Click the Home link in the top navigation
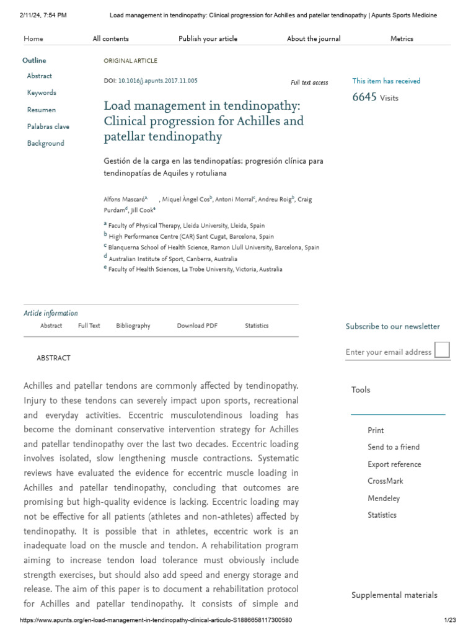tap(33, 38)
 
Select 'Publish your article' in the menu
tap(208, 38)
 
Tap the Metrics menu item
tap(402, 38)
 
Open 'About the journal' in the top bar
tap(314, 38)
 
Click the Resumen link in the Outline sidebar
tap(42, 110)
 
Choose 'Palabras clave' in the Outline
tap(48, 127)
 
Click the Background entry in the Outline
tap(45, 143)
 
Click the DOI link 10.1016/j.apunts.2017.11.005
tap(157, 81)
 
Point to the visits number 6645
tap(364, 97)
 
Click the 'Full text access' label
tap(309, 82)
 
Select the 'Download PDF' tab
tap(197, 326)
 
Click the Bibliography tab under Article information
tap(133, 326)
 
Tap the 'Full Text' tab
tap(89, 326)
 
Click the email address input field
tap(389, 352)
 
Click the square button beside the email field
tap(442, 350)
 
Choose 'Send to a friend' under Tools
tap(394, 447)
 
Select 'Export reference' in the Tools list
tap(394, 464)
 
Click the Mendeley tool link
tap(384, 498)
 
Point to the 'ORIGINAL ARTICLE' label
tap(130, 61)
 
